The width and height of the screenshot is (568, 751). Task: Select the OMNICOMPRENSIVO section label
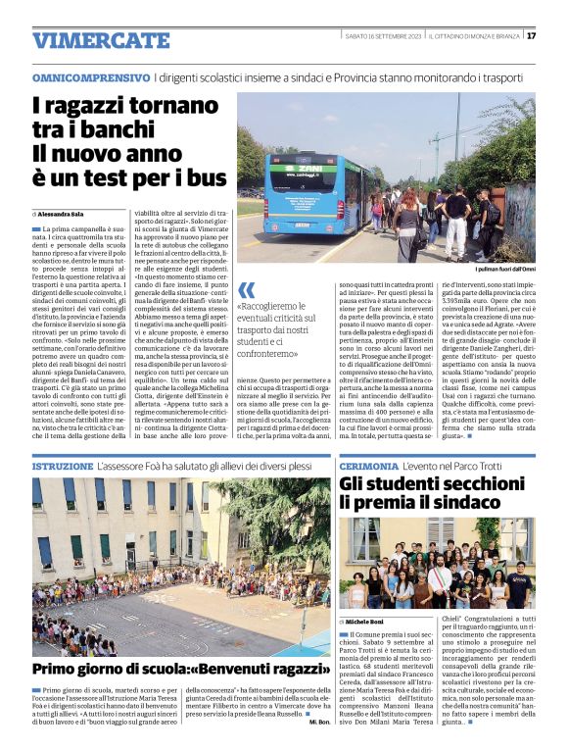point(90,76)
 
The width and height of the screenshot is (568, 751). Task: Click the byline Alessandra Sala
point(61,213)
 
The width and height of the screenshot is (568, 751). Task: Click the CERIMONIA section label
point(371,467)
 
